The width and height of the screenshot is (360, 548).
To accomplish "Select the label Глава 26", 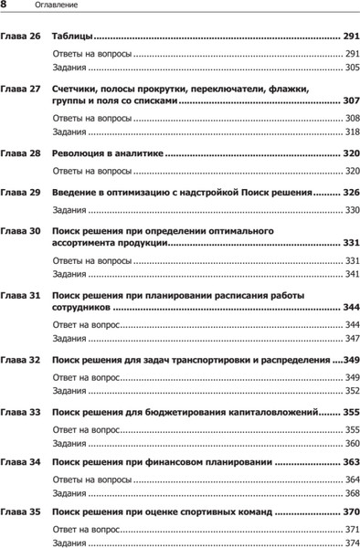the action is [19, 37].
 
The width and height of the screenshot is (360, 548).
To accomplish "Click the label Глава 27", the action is [19, 90].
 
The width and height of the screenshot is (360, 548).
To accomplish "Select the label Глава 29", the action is [19, 194].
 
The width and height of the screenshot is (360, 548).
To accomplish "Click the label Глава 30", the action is [19, 232].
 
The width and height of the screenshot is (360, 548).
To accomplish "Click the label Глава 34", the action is [19, 464].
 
